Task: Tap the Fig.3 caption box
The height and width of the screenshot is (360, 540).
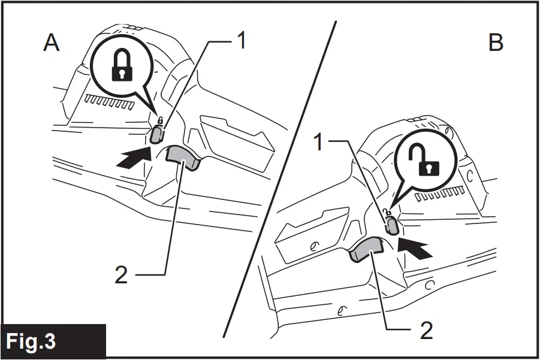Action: (31, 341)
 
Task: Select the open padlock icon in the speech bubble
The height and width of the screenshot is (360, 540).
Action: (426, 161)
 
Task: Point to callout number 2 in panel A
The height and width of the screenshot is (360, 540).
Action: (122, 275)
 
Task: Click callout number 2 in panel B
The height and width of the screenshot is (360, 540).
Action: (427, 330)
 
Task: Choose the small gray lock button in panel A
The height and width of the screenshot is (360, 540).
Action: (156, 134)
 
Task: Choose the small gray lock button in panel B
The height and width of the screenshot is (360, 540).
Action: (391, 226)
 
